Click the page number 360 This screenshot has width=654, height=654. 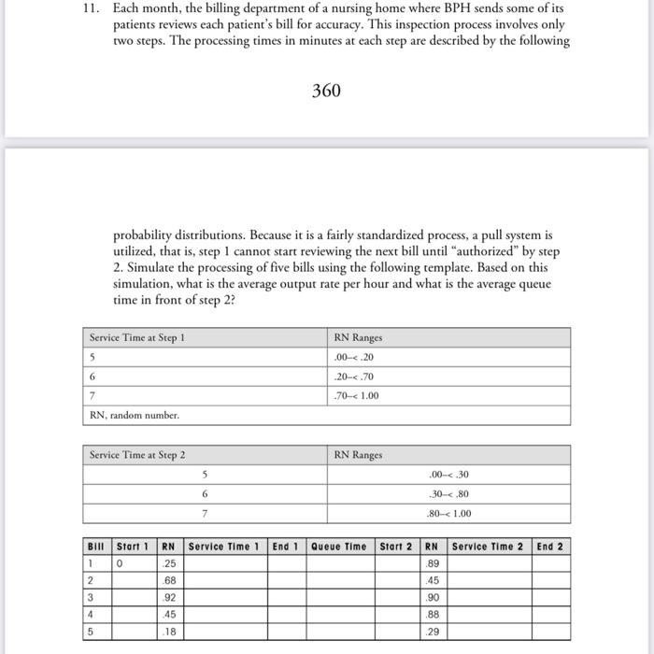[x=326, y=91]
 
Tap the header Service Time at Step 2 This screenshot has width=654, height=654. [x=137, y=455]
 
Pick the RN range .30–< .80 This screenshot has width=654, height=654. [x=448, y=493]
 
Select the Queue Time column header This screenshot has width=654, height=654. [x=339, y=547]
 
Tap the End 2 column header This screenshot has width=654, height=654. [x=550, y=547]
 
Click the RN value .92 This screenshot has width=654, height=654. [x=169, y=598]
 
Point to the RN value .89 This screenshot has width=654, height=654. [x=433, y=564]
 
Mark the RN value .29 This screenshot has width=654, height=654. [x=433, y=632]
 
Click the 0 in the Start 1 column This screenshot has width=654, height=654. [x=120, y=564]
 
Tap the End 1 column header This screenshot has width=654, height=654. [x=285, y=547]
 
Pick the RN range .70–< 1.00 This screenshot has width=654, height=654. [x=356, y=395]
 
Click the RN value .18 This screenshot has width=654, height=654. [x=169, y=632]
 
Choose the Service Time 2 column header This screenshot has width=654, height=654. [x=488, y=547]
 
